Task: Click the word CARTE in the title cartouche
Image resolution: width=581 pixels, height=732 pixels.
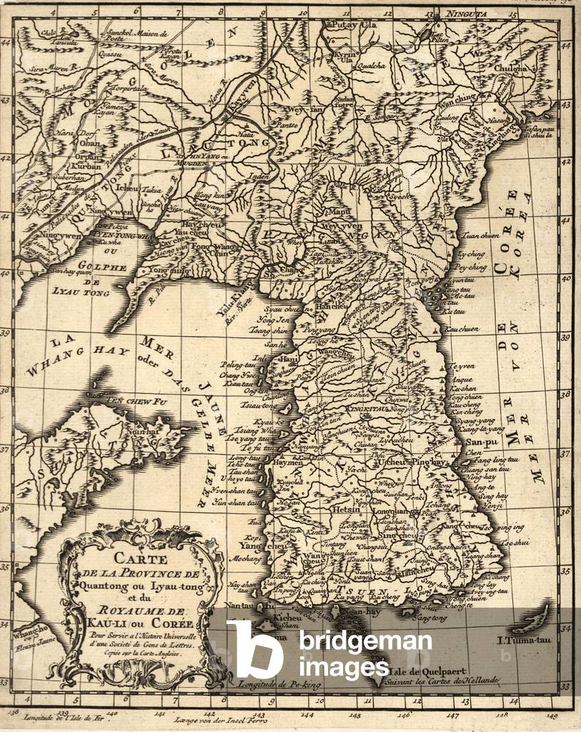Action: (x=144, y=560)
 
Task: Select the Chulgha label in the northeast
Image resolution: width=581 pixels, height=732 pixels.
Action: (x=510, y=69)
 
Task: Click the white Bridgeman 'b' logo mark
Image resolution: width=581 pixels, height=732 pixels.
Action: (x=254, y=648)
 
